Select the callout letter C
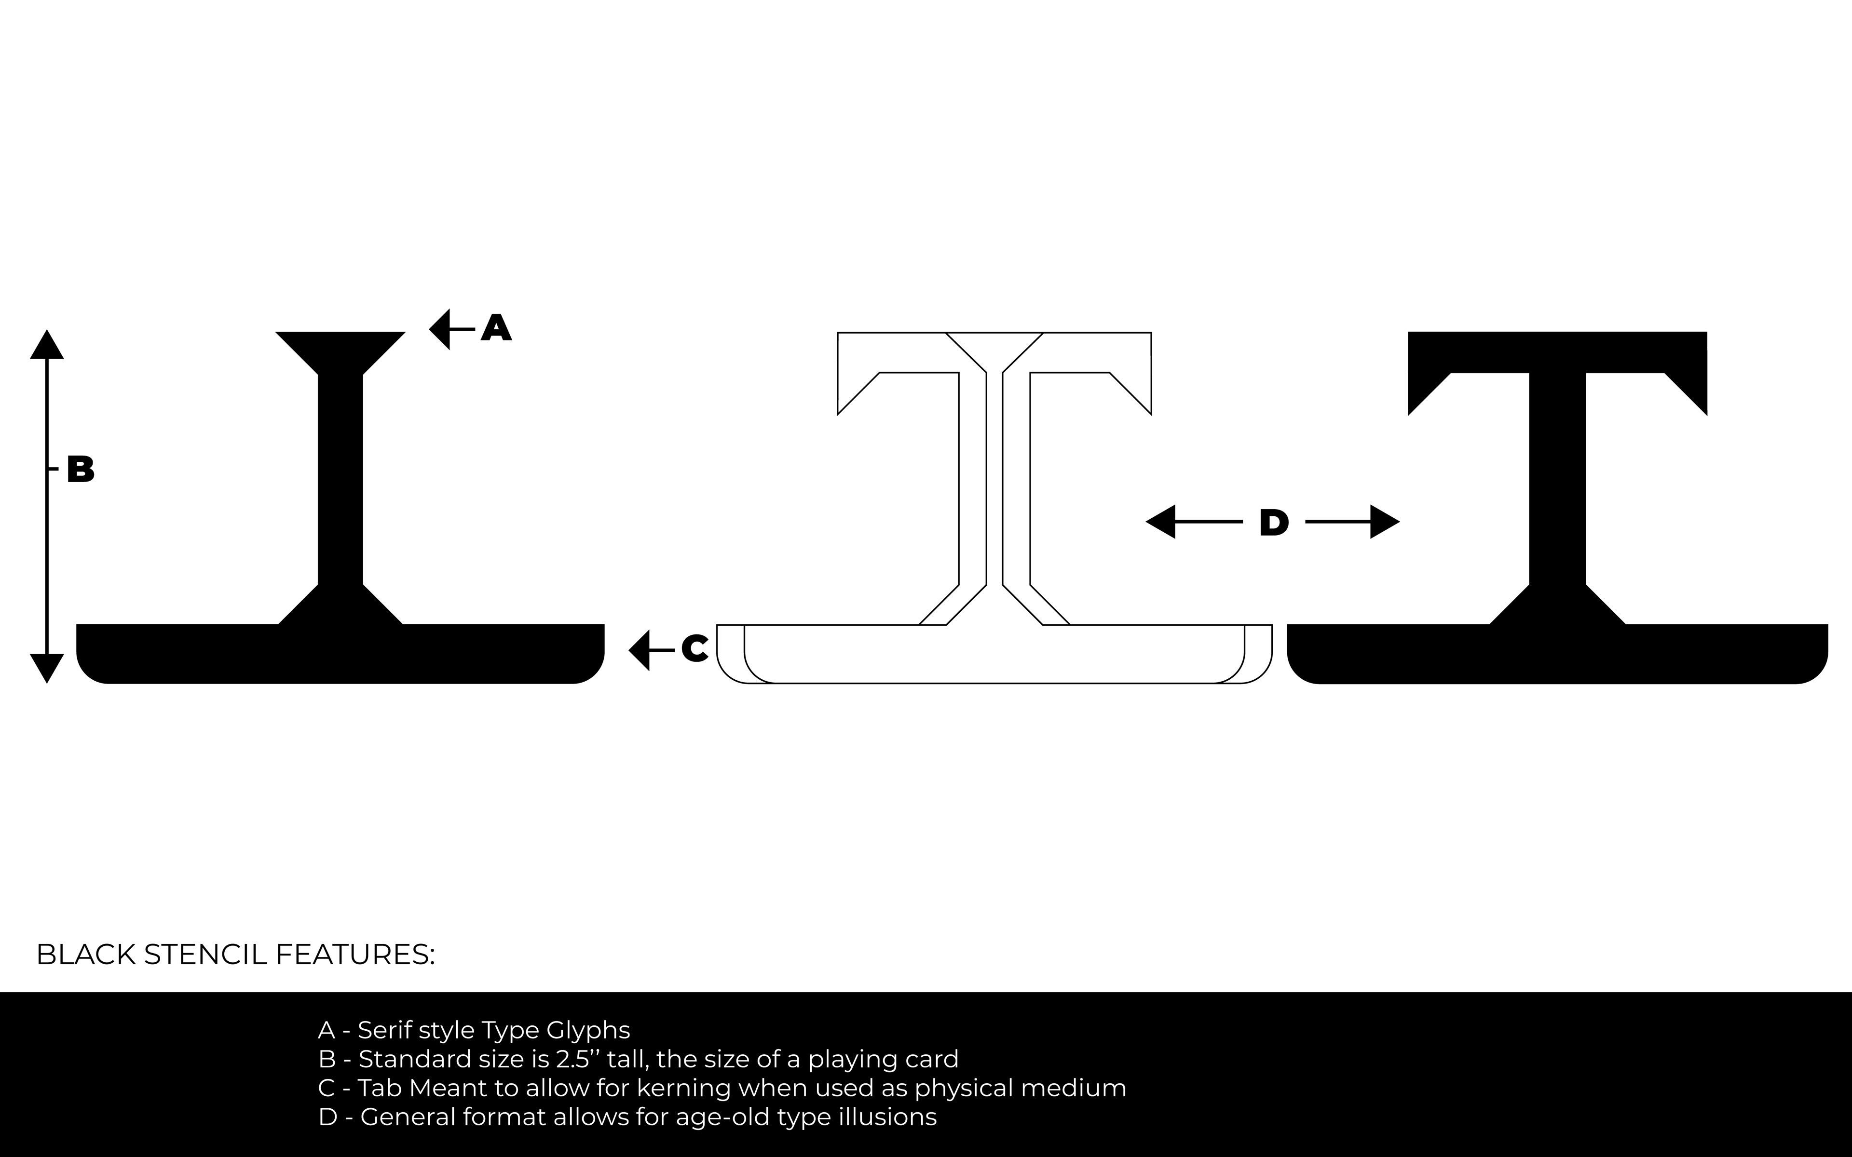(x=694, y=649)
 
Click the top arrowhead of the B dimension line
(x=47, y=346)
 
